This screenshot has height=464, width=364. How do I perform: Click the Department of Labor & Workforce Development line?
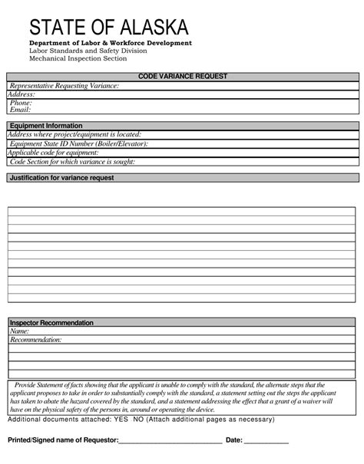pos(111,43)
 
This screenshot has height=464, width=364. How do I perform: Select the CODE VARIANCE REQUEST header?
pos(182,77)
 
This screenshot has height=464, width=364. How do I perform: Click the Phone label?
pos(21,102)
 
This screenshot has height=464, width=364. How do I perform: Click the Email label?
pos(20,110)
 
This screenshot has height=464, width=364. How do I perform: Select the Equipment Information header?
pos(45,126)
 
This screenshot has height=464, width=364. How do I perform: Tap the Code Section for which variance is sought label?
pos(72,162)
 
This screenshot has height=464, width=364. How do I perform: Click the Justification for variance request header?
pos(61,178)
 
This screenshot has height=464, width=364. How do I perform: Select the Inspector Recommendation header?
pos(51,323)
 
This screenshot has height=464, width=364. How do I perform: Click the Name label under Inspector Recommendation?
pos(20,331)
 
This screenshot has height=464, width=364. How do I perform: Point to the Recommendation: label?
pos(36,340)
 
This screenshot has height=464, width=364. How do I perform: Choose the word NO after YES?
pos(138,420)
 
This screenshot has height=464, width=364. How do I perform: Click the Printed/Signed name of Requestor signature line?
pos(170,442)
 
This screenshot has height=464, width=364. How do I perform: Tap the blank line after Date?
pos(266,442)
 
